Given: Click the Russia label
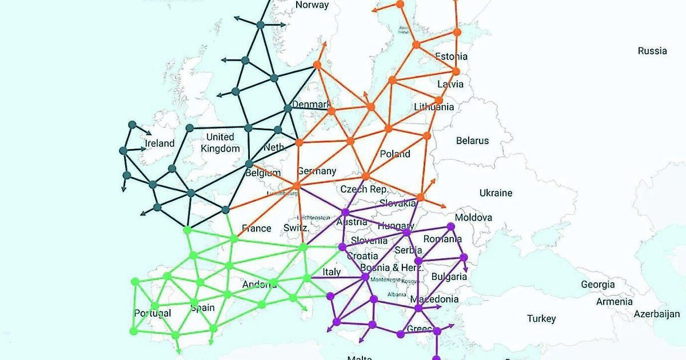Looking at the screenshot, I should click(652, 51).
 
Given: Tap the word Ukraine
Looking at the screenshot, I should click(496, 193).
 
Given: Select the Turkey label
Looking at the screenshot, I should click(541, 318).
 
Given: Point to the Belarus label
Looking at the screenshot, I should click(472, 140).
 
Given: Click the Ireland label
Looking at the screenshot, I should click(159, 143).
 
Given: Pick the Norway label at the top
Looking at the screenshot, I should click(312, 5).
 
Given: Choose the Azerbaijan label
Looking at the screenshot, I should click(656, 314).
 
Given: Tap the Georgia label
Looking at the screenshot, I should click(598, 284).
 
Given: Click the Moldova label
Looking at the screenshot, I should click(473, 218).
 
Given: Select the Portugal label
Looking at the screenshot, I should click(152, 313).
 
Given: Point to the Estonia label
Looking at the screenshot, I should click(451, 56).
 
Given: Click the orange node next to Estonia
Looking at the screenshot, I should click(456, 32).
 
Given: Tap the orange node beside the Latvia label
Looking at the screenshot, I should click(456, 71).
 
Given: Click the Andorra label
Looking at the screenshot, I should click(260, 284).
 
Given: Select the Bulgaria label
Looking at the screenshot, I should click(449, 277).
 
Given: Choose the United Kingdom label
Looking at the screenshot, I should click(220, 143).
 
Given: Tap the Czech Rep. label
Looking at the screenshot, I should click(364, 189).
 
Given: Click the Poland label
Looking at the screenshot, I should click(395, 154).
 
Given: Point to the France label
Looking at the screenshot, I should click(257, 228).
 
